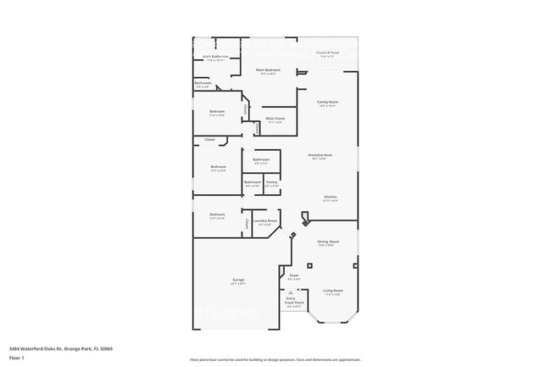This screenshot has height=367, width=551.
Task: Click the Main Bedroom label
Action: (268, 70)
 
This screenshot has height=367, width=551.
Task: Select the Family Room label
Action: (327, 102)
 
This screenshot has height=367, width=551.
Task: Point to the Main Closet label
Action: (275, 118)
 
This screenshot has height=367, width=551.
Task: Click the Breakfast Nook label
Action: (320, 154)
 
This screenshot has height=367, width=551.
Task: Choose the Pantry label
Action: (271, 181)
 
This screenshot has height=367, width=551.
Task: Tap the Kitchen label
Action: (330, 197)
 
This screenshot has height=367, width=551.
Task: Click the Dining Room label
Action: (327, 242)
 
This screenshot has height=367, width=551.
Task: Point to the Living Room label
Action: (333, 290)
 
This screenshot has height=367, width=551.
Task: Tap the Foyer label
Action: (294, 275)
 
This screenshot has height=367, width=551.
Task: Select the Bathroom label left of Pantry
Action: (253, 181)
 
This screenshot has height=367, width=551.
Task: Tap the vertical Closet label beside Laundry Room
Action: (247, 223)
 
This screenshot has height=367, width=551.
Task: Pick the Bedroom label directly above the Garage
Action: (217, 214)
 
